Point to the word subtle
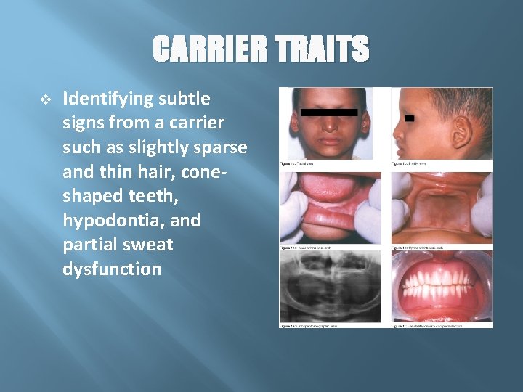[x=187, y=97]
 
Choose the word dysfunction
[x=113, y=269]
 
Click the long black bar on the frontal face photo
[x=331, y=113]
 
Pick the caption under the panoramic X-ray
[x=309, y=326]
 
